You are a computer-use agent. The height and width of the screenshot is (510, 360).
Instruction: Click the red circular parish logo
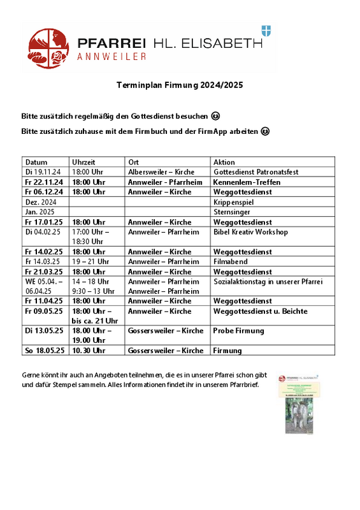pyautogui.click(x=48, y=48)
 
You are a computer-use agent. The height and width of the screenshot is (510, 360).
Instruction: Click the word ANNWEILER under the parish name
pyautogui.click(x=112, y=57)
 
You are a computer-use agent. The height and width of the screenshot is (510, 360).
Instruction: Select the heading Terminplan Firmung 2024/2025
pyautogui.click(x=180, y=85)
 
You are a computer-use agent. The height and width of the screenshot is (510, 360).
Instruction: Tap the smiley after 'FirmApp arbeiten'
pyautogui.click(x=265, y=131)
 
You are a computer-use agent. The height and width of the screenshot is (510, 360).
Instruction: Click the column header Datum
pyautogui.click(x=36, y=162)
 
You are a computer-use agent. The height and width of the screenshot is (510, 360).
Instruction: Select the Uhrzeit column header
pyautogui.click(x=84, y=162)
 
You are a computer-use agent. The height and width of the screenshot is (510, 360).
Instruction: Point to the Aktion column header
pyautogui.click(x=224, y=162)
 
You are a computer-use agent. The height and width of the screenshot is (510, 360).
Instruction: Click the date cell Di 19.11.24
pyautogui.click(x=43, y=172)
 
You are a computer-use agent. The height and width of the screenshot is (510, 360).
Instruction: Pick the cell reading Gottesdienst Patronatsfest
pyautogui.click(x=256, y=172)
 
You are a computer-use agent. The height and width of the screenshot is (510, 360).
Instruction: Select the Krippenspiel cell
pyautogui.click(x=233, y=201)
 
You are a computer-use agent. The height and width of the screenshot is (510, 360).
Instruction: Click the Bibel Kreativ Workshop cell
pyautogui.click(x=250, y=231)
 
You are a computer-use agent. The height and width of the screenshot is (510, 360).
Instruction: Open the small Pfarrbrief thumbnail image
pyautogui.click(x=295, y=404)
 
